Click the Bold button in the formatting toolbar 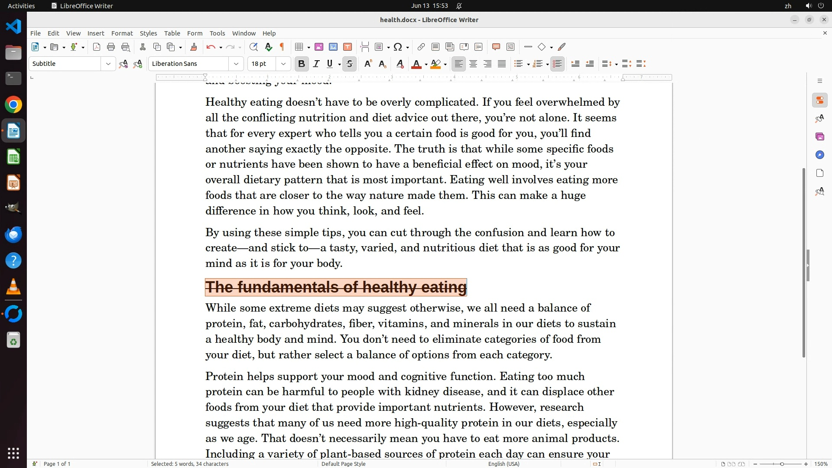coord(302,64)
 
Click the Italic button coord(316,64)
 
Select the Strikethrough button coord(350,64)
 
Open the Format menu coord(122,33)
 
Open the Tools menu coord(217,33)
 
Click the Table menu coord(172,33)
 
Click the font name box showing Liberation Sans coord(189,64)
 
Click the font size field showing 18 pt coord(262,64)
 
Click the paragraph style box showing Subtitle coord(65,64)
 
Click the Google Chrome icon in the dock coord(13,105)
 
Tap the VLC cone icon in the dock coord(13,287)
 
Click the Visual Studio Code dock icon coord(13,26)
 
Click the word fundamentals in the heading coord(287,287)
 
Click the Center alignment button coord(473,64)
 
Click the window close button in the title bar coord(824,19)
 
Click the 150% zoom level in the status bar coord(821,464)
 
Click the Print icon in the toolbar coord(111,47)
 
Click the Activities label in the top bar coord(21,6)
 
